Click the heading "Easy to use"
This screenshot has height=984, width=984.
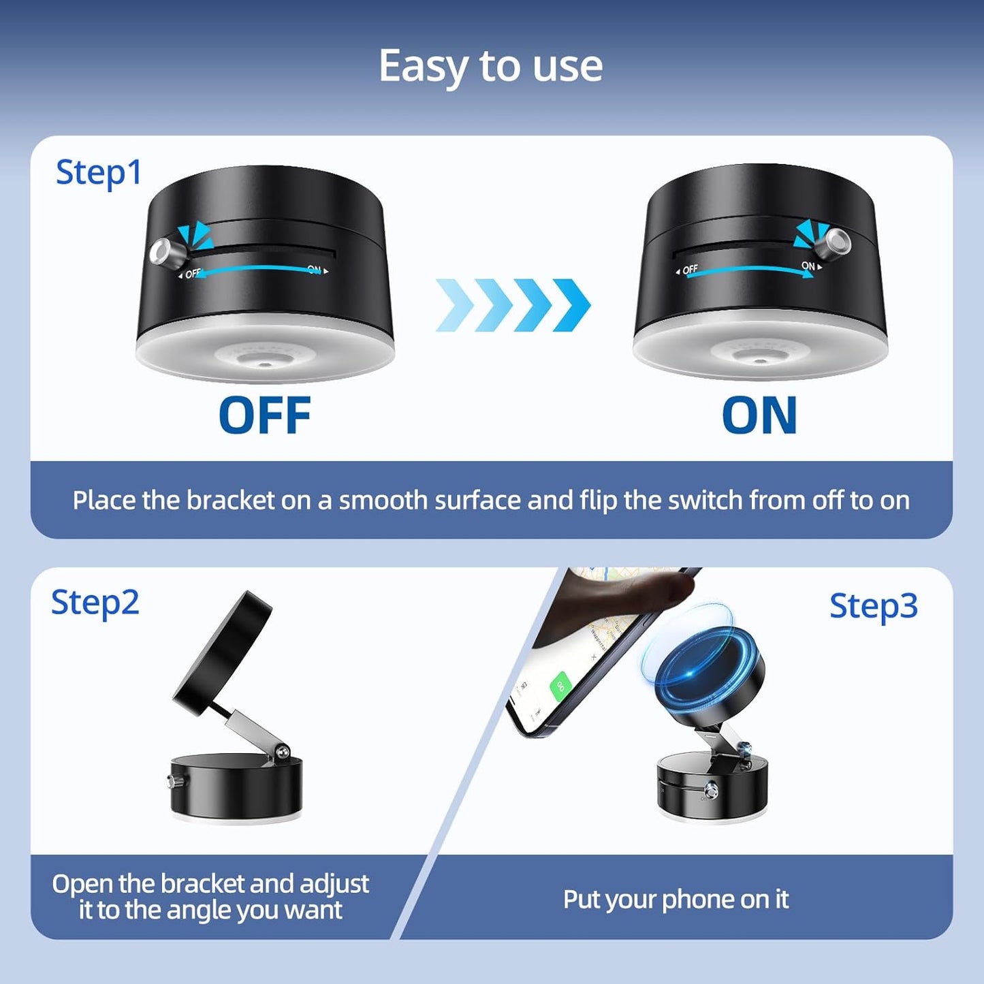point(490,66)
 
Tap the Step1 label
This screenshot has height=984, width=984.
point(99,172)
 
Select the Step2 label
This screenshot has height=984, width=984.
point(95,603)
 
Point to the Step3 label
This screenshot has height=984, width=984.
point(873,606)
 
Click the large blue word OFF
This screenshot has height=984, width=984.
point(265,415)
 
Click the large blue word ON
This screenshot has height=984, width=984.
point(759,415)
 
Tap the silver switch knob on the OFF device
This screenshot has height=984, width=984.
point(163,253)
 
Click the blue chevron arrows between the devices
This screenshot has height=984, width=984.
point(513,304)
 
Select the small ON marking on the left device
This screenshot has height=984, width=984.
point(315,270)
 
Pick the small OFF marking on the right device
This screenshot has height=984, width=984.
point(689,270)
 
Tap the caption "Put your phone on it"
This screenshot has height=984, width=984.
point(676,900)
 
